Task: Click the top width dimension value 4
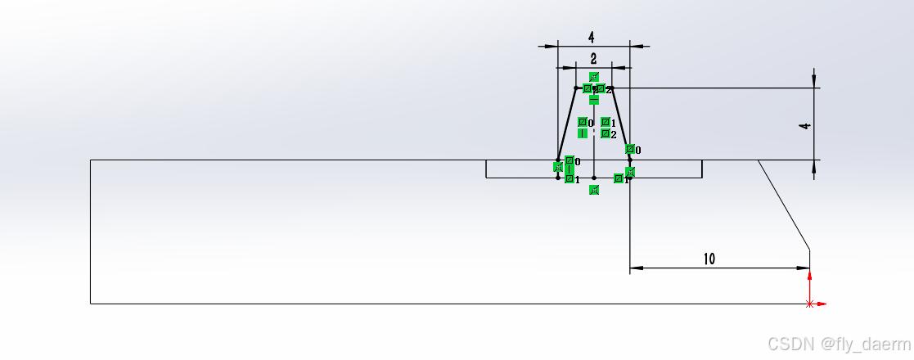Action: (x=591, y=37)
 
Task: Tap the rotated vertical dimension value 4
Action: (x=806, y=125)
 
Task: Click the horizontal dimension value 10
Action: (x=709, y=259)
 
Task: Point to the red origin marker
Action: (x=810, y=304)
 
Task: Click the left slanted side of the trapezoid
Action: (x=567, y=123)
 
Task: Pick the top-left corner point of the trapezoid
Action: (x=576, y=88)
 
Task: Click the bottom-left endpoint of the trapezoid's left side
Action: (x=558, y=160)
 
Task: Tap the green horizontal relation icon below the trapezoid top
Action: (x=594, y=99)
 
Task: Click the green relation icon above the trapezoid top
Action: (x=594, y=77)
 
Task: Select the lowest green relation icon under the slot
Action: (x=594, y=190)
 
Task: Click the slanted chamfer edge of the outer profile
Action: (x=784, y=204)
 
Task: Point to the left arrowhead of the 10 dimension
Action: (x=635, y=268)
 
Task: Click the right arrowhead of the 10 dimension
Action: (x=804, y=268)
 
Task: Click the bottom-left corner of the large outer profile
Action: (x=90, y=304)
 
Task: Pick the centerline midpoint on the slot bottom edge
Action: (x=594, y=177)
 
